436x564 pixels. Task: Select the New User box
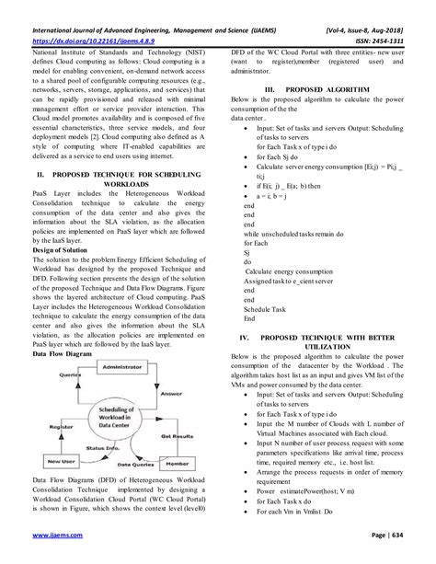(x=54, y=459)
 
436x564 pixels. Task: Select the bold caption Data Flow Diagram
(x=63, y=328)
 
